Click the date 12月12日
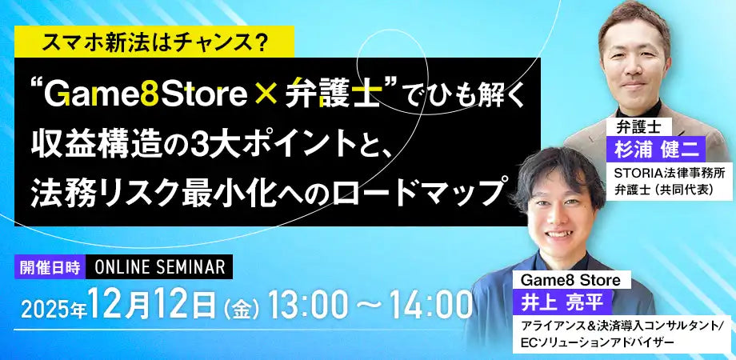152,304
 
